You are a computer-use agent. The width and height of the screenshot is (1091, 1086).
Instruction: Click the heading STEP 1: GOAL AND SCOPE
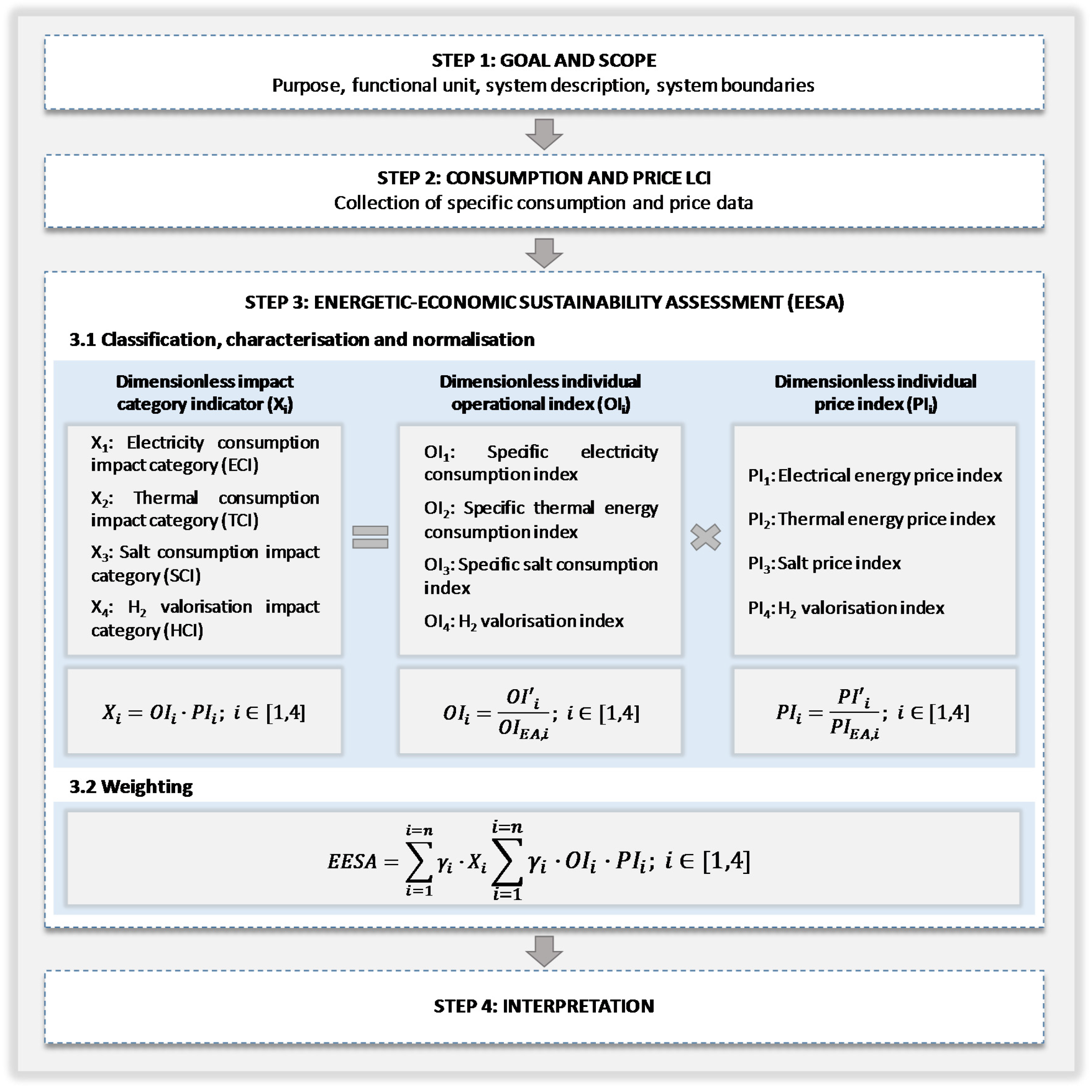coord(544,60)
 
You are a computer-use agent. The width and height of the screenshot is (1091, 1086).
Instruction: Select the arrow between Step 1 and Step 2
coord(544,134)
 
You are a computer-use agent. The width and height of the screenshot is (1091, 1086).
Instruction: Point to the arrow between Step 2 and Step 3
coord(544,252)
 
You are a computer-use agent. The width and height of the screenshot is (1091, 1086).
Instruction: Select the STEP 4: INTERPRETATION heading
coord(544,1006)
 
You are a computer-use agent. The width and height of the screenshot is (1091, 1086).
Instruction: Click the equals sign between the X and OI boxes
coord(370,537)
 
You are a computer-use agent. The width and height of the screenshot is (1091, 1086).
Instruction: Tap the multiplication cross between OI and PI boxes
coord(705,537)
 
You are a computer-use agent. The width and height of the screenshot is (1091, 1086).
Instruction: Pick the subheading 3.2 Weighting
coord(131,786)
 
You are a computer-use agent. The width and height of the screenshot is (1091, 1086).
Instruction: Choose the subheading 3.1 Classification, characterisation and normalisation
coord(302,339)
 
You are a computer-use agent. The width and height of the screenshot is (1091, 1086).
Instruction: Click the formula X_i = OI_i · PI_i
coord(204,713)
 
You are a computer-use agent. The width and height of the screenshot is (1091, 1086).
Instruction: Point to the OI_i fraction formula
coord(541,713)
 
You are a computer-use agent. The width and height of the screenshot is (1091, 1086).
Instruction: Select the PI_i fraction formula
coord(873,713)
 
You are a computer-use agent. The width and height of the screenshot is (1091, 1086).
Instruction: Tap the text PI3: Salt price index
coord(824,563)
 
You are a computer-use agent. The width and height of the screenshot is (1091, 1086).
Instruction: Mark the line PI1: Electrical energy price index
coord(875,476)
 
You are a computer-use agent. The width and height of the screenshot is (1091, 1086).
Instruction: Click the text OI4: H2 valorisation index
coord(523,621)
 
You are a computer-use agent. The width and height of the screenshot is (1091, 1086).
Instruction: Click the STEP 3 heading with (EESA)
coord(544,302)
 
